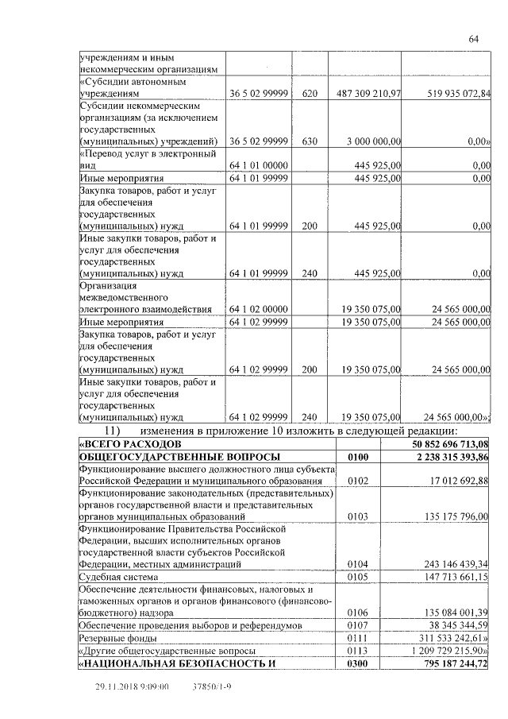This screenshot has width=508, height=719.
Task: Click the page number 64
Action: (x=473, y=39)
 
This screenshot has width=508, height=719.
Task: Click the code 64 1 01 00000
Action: (x=258, y=164)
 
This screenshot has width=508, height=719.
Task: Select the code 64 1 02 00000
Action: (x=258, y=309)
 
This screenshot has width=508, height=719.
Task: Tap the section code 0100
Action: (x=359, y=457)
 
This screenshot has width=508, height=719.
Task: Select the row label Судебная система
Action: (x=118, y=576)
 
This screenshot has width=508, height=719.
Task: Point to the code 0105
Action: (x=359, y=576)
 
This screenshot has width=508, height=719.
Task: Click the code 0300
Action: (x=359, y=663)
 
